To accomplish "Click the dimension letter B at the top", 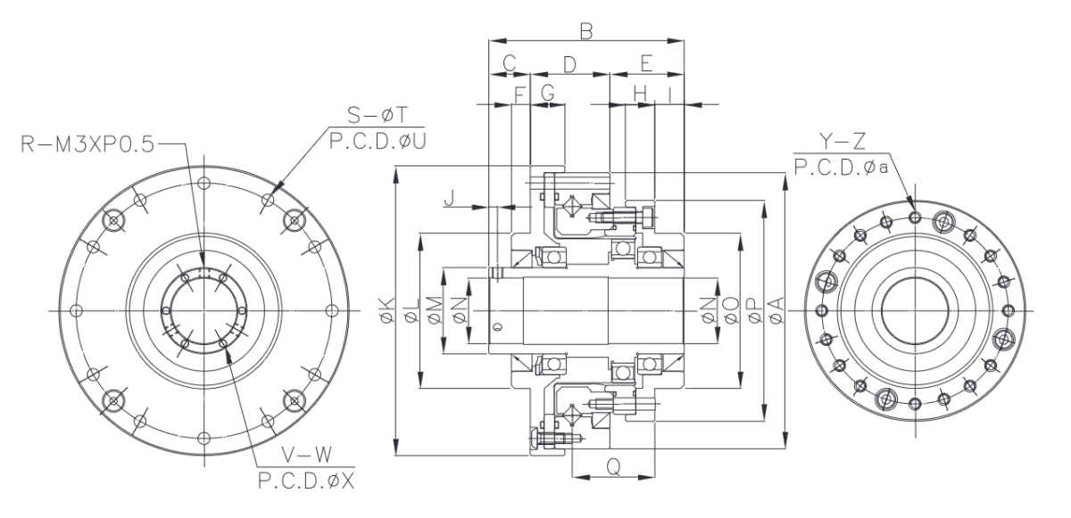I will [586, 32].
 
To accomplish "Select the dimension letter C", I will [510, 64].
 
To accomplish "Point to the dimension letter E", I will [647, 64].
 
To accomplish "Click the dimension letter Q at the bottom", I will [613, 465].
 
